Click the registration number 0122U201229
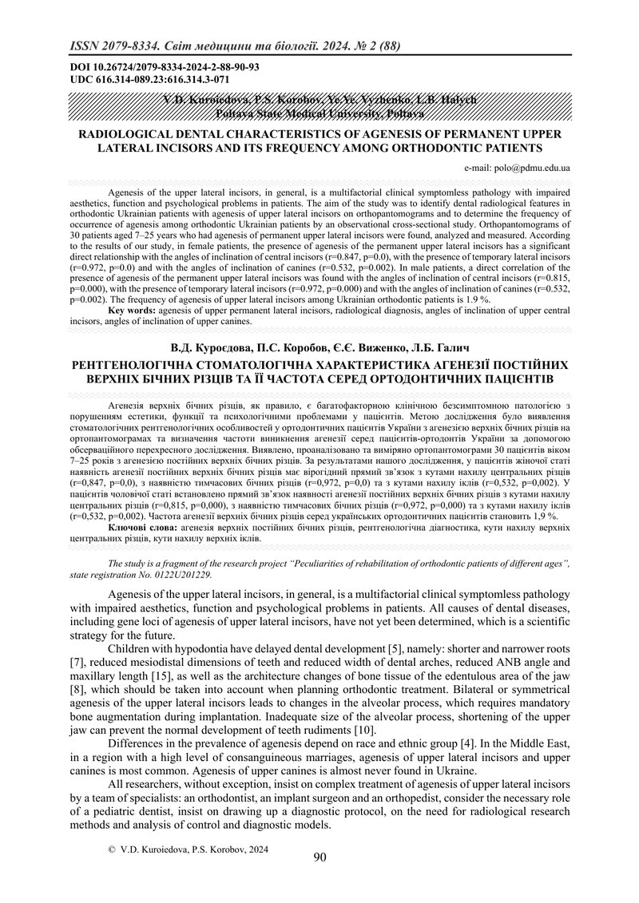point(182,574)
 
